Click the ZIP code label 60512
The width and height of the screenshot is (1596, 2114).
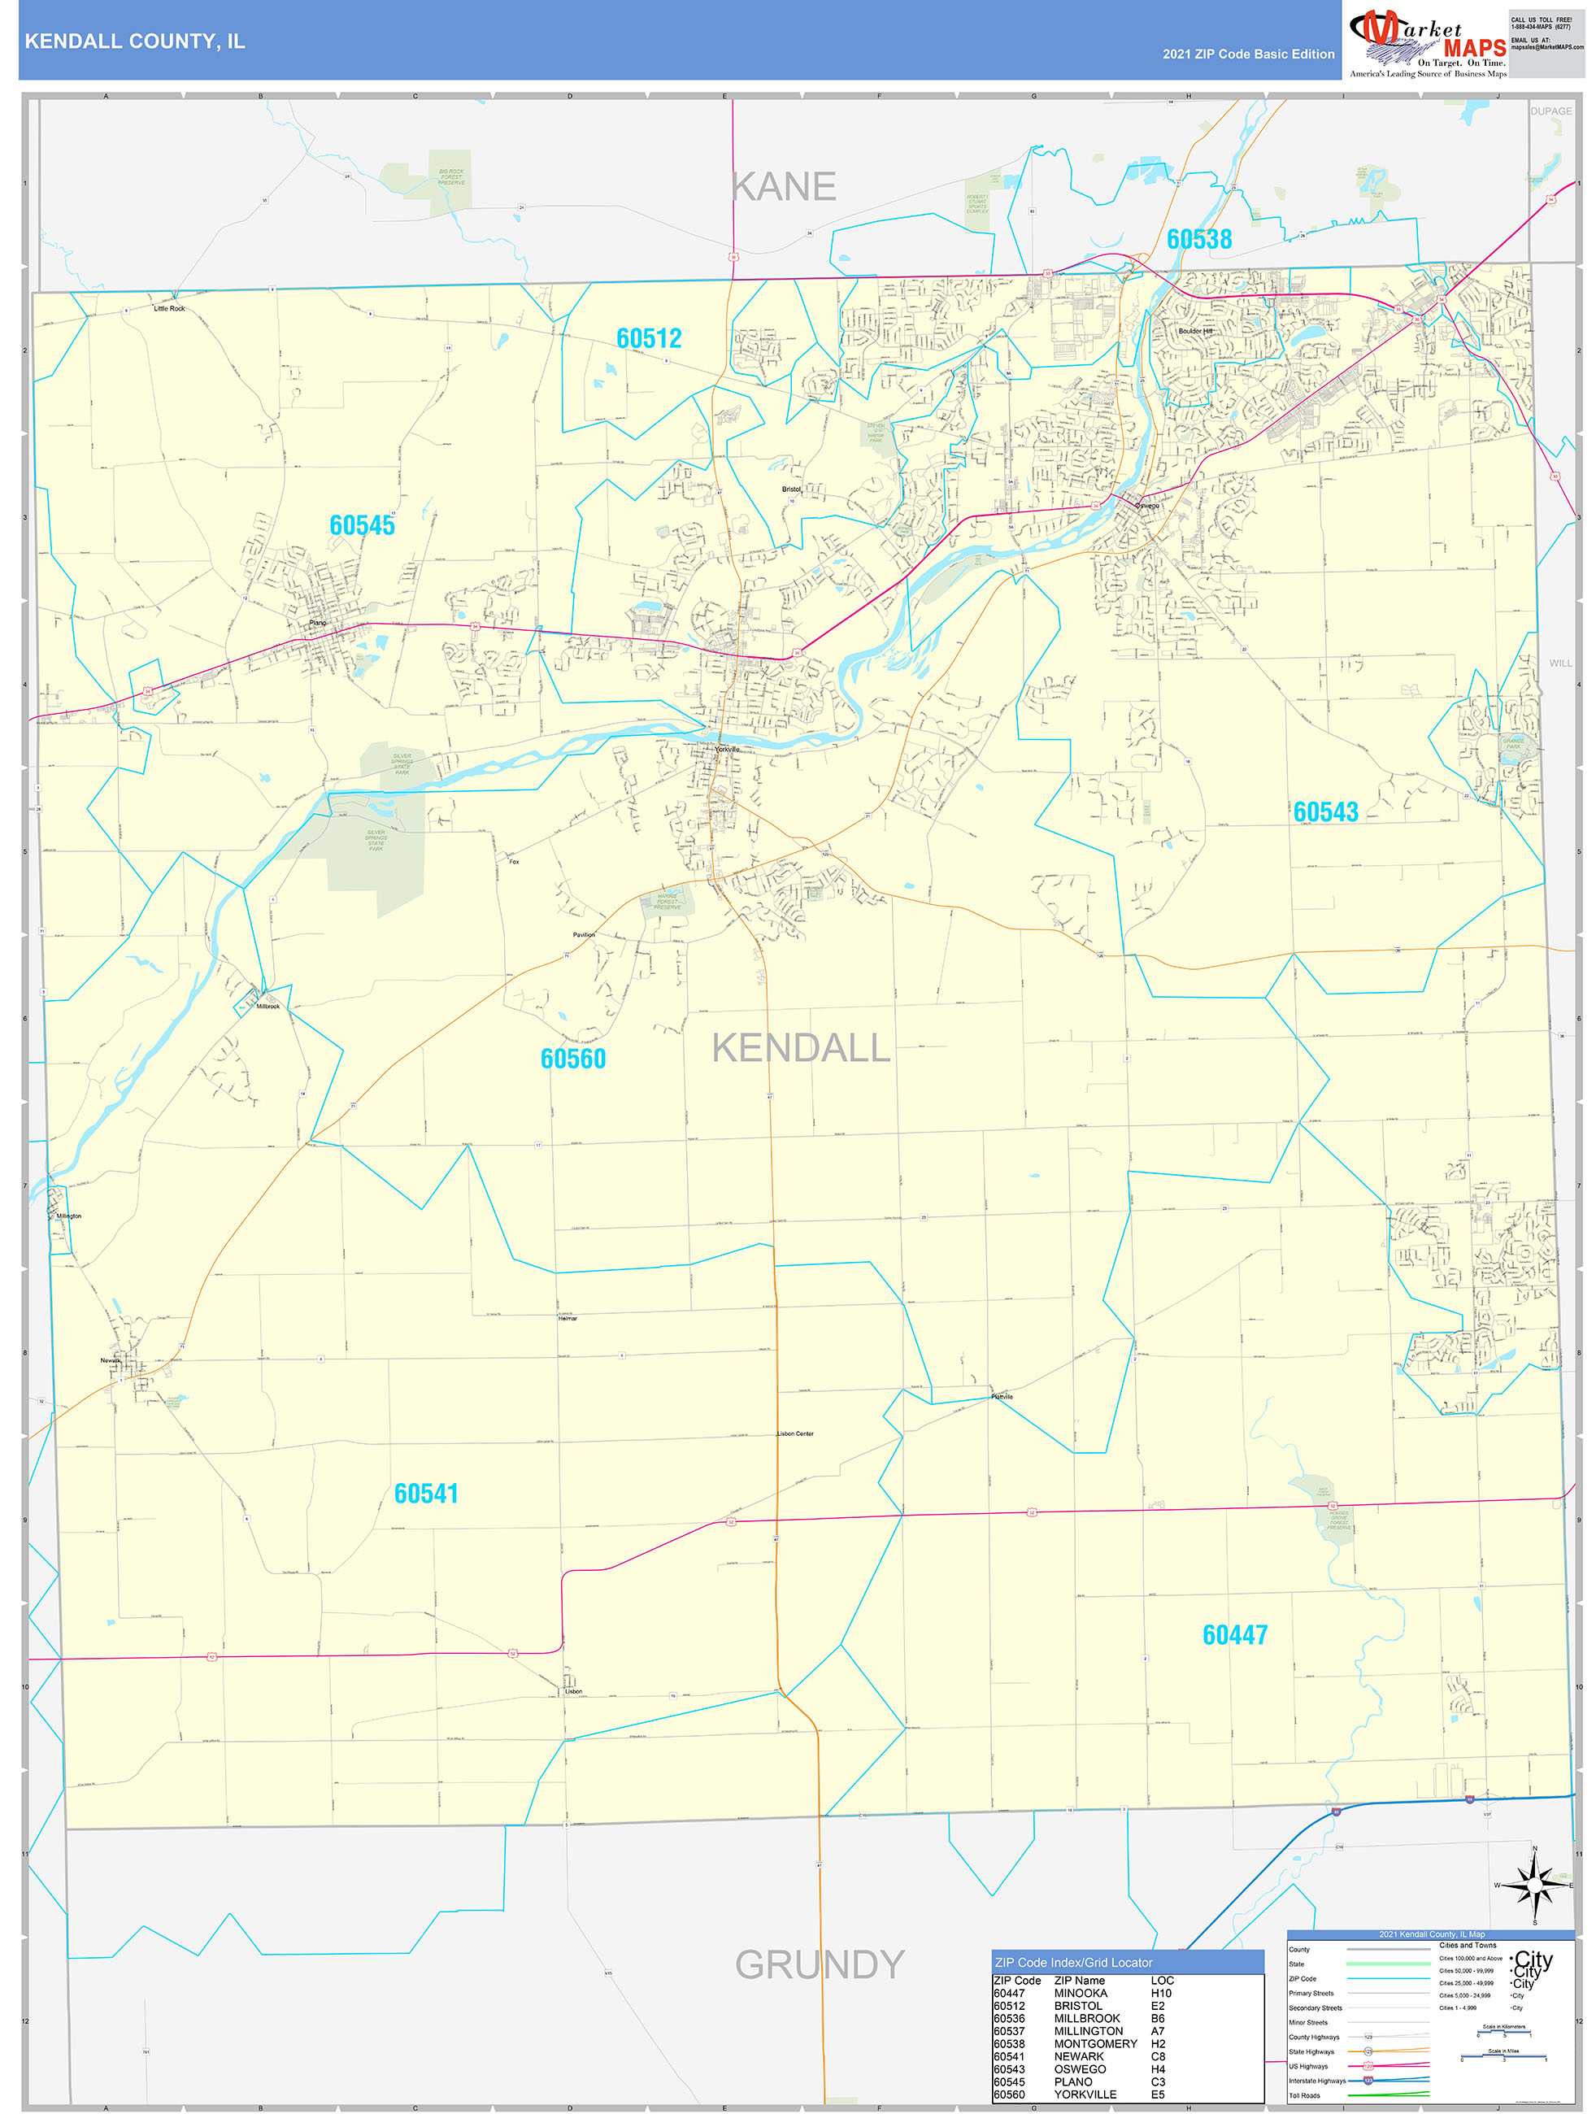(x=649, y=338)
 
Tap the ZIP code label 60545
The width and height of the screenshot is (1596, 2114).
(x=362, y=524)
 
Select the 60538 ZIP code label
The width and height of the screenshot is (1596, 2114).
(x=1198, y=239)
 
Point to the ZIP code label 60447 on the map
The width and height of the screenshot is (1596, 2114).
(x=1235, y=1635)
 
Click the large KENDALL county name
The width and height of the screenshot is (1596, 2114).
(x=801, y=1048)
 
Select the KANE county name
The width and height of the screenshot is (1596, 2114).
(x=784, y=187)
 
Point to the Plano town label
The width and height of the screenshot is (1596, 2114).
(x=317, y=623)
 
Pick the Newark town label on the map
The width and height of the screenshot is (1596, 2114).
(x=111, y=1360)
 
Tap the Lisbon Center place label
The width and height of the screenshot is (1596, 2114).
(x=795, y=1433)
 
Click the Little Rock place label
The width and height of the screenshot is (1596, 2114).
(x=169, y=309)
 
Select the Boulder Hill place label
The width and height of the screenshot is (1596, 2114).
(x=1194, y=331)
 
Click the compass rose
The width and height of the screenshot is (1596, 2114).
(x=1535, y=1885)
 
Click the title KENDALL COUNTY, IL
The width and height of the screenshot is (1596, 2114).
(x=135, y=41)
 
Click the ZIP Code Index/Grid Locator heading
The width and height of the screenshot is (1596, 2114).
(x=1073, y=1962)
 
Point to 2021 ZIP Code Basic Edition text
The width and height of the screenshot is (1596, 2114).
(x=1248, y=54)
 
